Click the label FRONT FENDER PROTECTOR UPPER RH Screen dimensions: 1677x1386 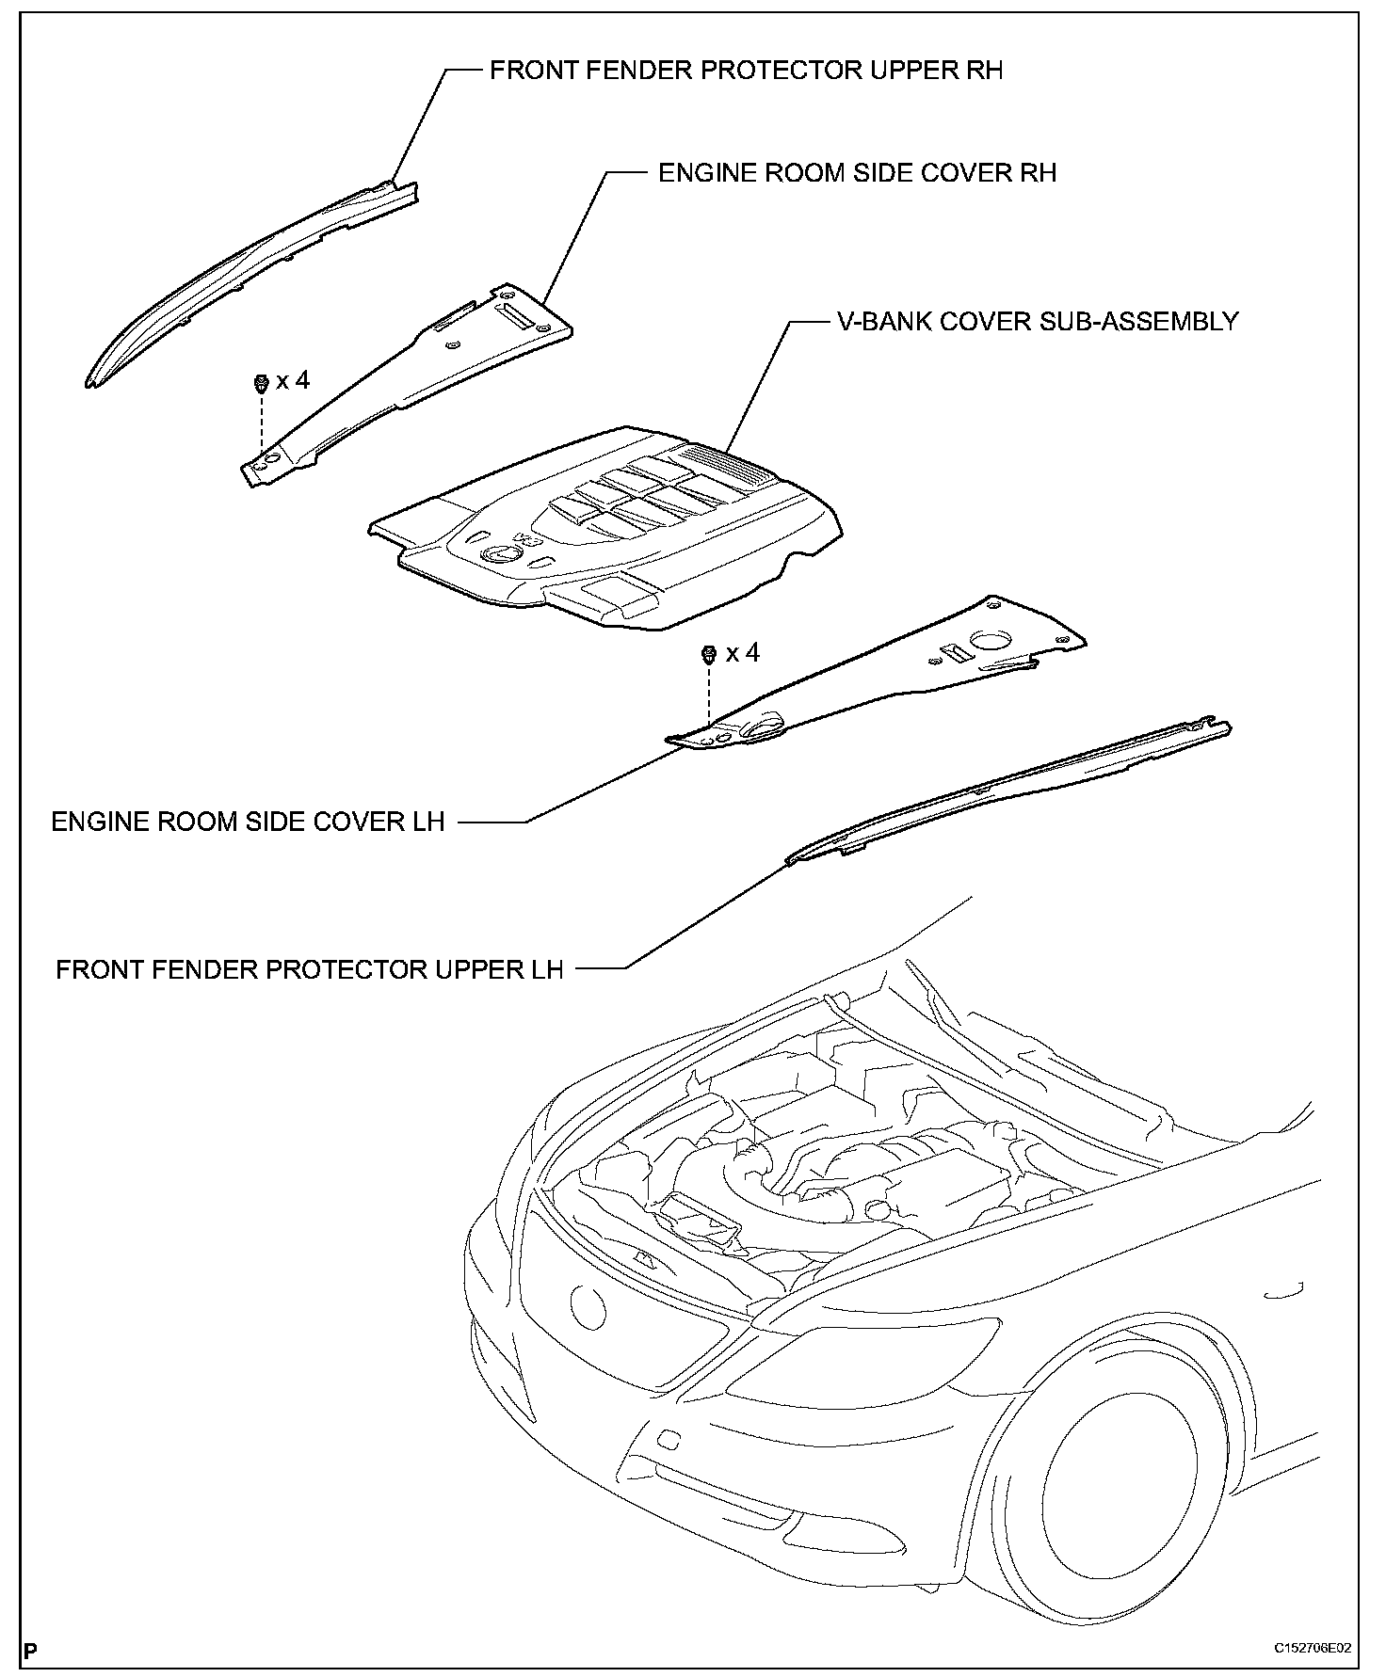tap(746, 71)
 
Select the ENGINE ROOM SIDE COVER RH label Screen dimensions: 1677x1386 tap(857, 173)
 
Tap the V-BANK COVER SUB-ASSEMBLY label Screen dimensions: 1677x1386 tap(1038, 322)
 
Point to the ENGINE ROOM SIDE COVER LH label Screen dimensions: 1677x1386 tap(248, 822)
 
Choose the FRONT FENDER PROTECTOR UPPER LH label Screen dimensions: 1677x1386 tap(309, 969)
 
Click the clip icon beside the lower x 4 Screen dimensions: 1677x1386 tap(710, 653)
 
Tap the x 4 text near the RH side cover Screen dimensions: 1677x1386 tap(293, 380)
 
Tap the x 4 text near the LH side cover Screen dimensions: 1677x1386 tap(743, 652)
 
